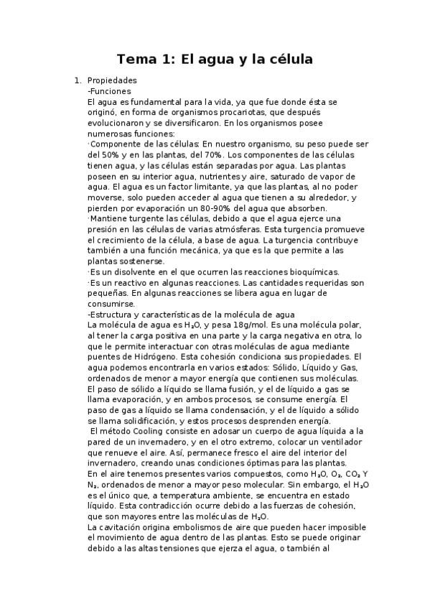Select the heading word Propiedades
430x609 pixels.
(112, 80)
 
